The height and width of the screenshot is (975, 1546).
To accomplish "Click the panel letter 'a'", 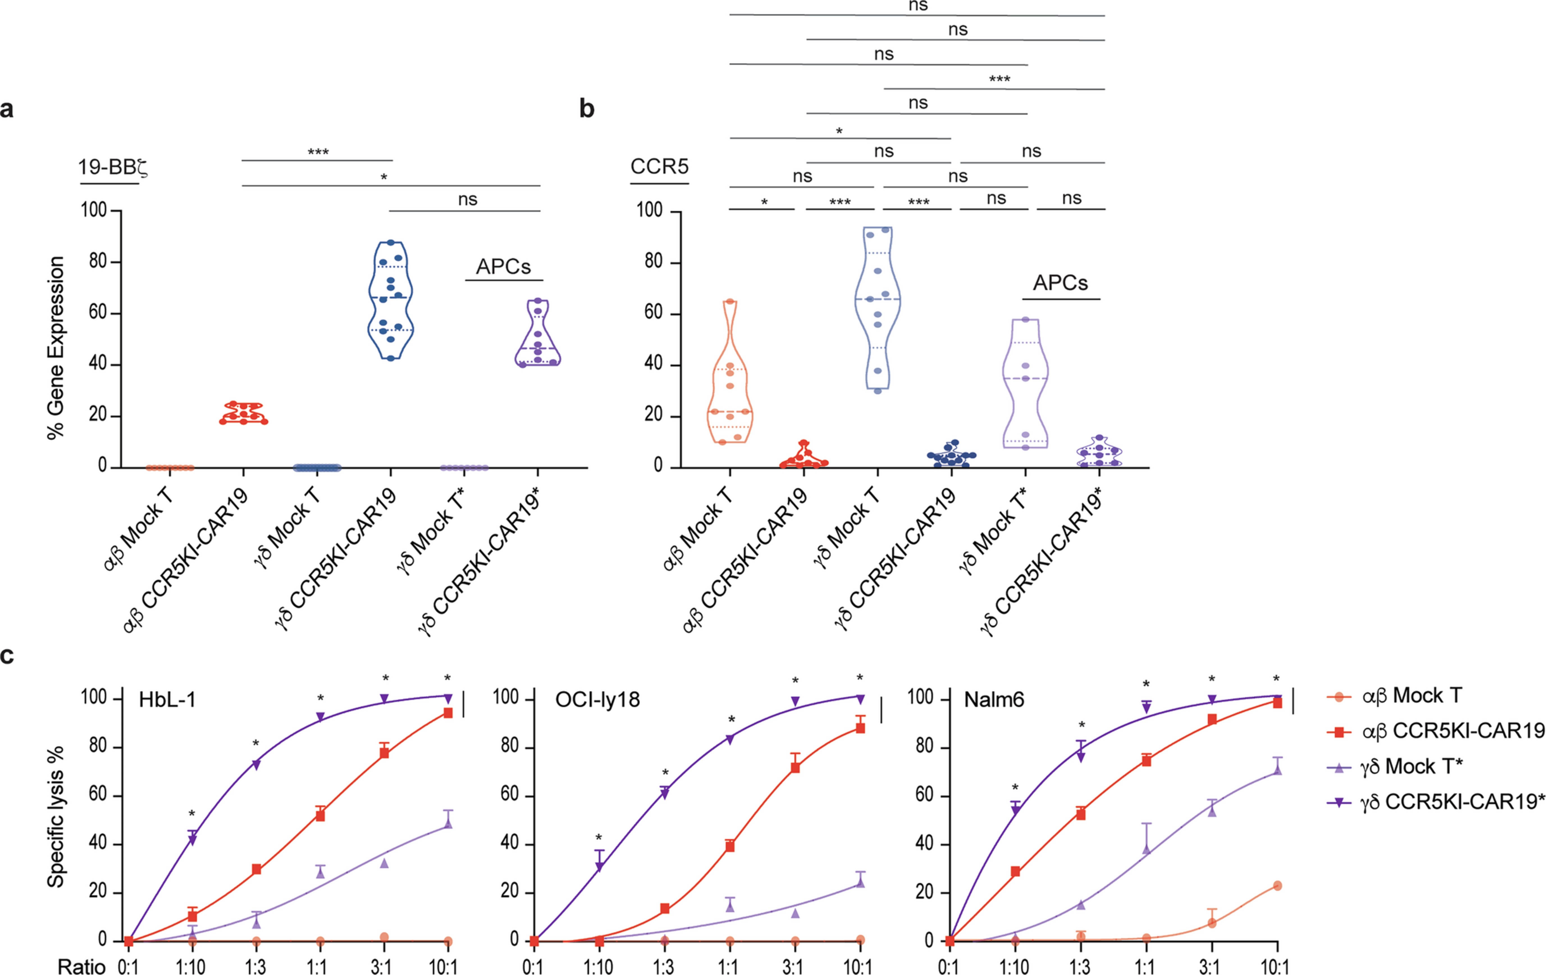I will pyautogui.click(x=7, y=109).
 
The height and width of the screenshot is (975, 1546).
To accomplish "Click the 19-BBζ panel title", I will pyautogui.click(x=113, y=168).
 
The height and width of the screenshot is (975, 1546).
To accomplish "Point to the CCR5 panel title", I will pyautogui.click(x=659, y=167).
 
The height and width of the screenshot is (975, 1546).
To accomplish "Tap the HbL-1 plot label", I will pyautogui.click(x=167, y=699).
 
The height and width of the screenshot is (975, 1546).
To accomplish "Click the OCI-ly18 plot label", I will pyautogui.click(x=597, y=699).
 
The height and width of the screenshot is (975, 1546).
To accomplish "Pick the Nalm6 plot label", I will pyautogui.click(x=994, y=699).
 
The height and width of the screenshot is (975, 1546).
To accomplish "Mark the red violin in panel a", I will pyautogui.click(x=243, y=414).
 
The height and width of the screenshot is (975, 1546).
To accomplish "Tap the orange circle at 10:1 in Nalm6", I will pyautogui.click(x=1277, y=886).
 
